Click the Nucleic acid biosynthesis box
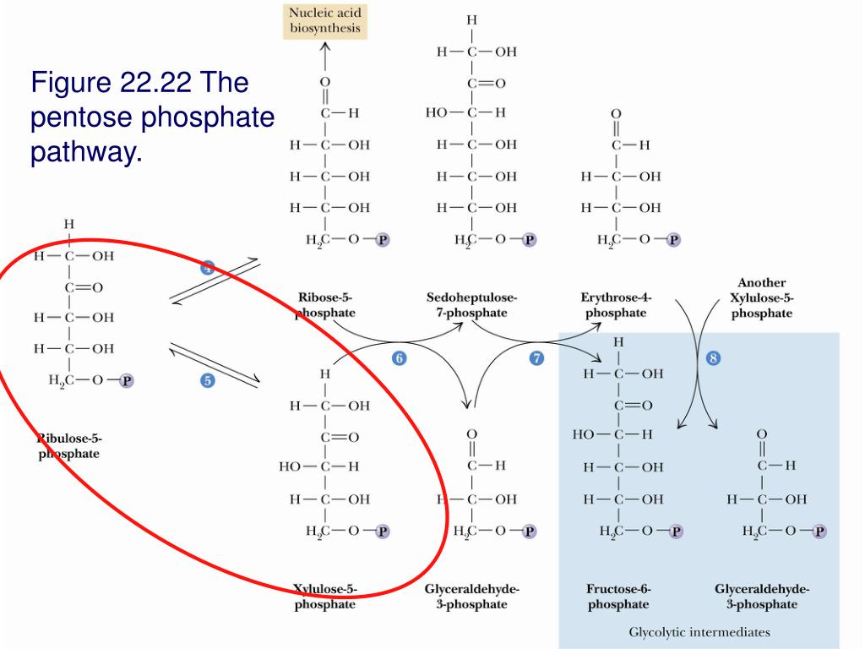[x=325, y=20]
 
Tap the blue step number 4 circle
[x=207, y=268]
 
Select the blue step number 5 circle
[x=207, y=380]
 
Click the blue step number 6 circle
[x=399, y=358]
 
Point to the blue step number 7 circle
[x=536, y=358]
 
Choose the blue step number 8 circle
[x=713, y=358]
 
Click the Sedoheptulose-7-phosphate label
[x=472, y=305]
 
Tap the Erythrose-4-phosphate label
[x=616, y=305]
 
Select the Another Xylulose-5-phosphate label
[x=762, y=297]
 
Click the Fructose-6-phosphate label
[x=618, y=596]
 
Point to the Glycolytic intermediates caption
[x=699, y=631]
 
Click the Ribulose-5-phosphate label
[x=69, y=446]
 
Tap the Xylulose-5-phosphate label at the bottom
[x=325, y=596]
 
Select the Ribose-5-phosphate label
[x=324, y=305]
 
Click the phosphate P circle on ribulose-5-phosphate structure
[x=126, y=380]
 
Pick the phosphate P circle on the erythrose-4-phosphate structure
[x=673, y=240]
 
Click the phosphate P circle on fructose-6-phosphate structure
[x=676, y=532]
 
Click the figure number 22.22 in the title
[x=153, y=83]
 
